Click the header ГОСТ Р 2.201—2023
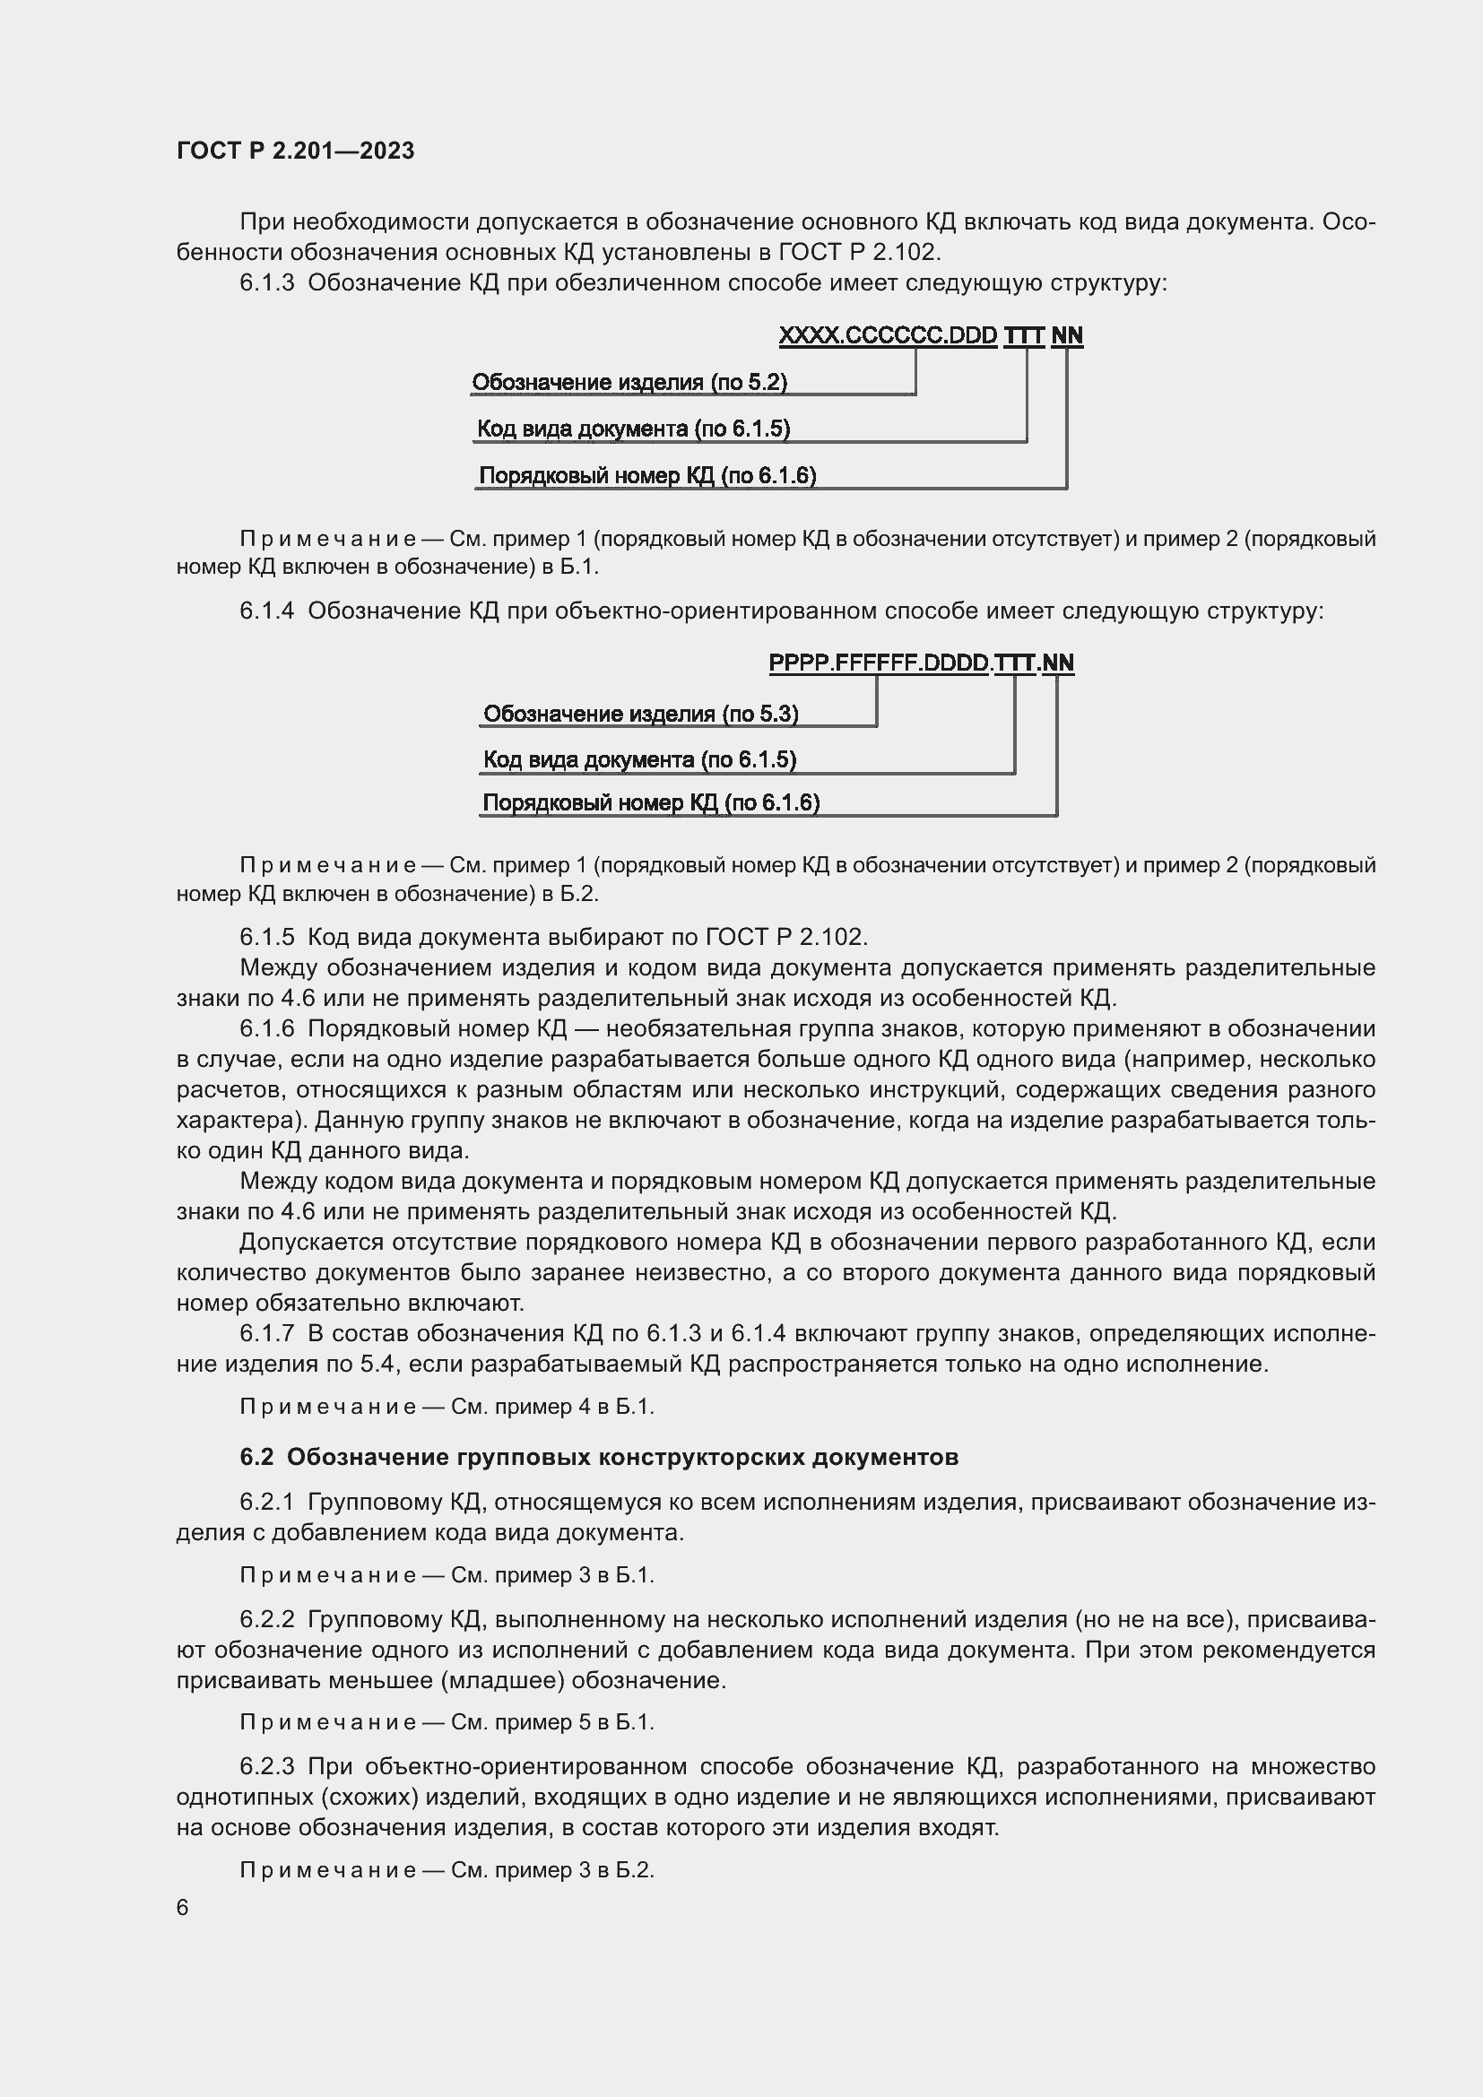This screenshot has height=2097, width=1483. coord(295,151)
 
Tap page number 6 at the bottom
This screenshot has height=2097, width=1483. coord(183,1908)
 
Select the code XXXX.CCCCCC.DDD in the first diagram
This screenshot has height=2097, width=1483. coord(888,335)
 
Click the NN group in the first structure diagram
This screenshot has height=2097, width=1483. coord(1067,335)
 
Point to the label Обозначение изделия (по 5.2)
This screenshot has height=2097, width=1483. coord(629,382)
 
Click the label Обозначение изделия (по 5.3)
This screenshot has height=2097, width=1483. coord(640,714)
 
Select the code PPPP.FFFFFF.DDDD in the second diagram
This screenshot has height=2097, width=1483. coord(879,663)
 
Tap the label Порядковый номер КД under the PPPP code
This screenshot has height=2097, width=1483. coord(650,802)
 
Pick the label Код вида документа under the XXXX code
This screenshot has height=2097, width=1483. coord(633,429)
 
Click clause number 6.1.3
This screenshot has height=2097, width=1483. coord(266,283)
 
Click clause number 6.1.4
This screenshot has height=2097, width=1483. coord(266,611)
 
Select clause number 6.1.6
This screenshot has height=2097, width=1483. coord(266,1028)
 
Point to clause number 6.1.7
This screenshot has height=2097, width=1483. coord(266,1333)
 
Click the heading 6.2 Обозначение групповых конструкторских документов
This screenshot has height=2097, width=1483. coord(599,1457)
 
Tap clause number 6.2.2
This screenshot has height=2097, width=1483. coord(266,1619)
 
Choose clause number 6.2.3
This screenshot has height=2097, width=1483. coord(266,1766)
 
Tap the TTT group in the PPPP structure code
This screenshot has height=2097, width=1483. coord(1014,663)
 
